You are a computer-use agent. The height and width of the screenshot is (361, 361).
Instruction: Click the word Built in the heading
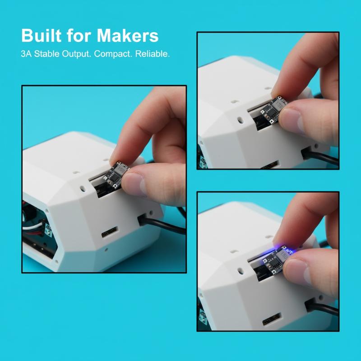(x=42, y=36)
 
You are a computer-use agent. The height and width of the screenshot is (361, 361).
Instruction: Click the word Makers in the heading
(x=128, y=36)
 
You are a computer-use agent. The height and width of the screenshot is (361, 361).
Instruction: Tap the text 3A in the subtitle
(x=26, y=54)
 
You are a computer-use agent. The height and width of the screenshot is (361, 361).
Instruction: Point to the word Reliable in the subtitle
(x=153, y=54)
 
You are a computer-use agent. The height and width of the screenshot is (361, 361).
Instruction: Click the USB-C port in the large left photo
(x=109, y=232)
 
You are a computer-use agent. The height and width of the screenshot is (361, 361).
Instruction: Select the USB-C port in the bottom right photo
(x=272, y=319)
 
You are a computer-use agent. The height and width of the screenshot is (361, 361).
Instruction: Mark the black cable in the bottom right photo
(x=322, y=306)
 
